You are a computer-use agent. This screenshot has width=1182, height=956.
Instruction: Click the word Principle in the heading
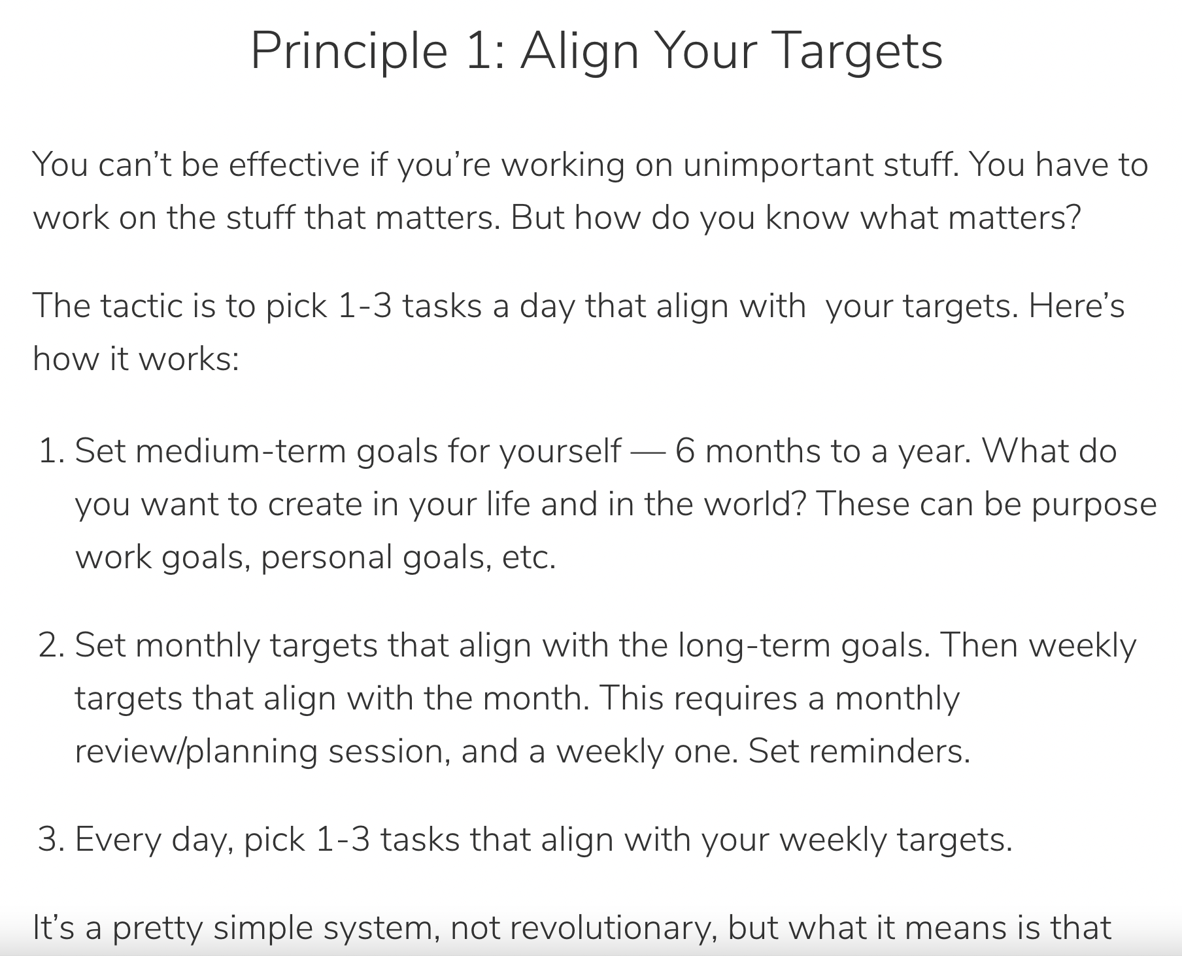348,52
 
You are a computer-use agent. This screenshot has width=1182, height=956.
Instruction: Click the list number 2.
51,645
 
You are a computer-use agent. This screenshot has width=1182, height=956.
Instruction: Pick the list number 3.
51,840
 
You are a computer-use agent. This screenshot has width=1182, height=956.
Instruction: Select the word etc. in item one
529,558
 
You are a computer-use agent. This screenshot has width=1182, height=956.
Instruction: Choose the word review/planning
196,752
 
